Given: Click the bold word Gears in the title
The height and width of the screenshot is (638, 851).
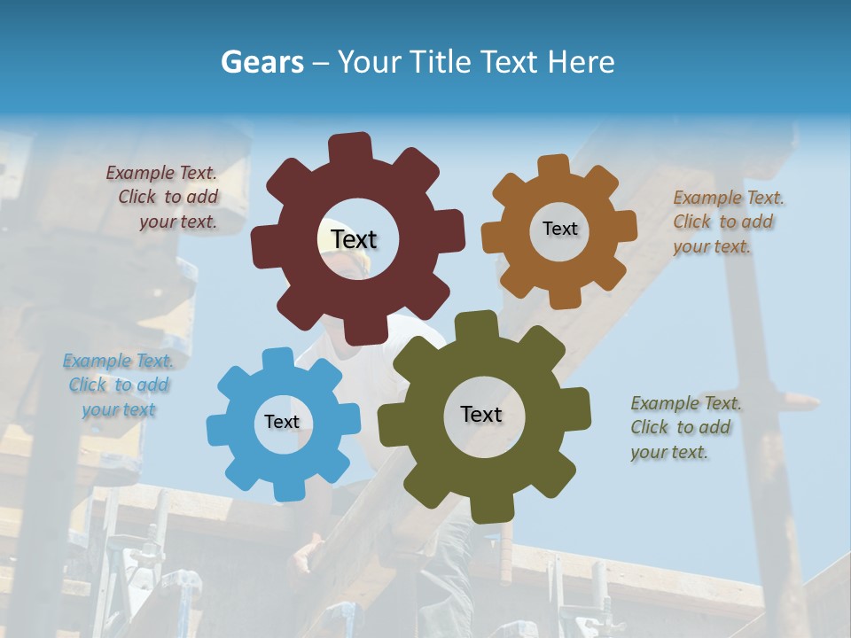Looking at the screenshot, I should tap(261, 62).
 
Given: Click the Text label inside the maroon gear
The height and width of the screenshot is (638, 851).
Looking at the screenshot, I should tap(354, 239).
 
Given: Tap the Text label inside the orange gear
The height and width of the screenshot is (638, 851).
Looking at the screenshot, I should tap(559, 229).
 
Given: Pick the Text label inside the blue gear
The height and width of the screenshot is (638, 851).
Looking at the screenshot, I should tap(282, 422).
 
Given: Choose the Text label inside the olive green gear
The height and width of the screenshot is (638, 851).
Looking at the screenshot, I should tap(481, 414).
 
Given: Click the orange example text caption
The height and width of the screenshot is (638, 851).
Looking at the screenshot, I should tap(727, 222).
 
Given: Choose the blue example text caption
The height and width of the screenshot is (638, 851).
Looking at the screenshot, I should tap(118, 385).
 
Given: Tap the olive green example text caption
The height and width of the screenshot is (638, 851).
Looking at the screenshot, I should tap(684, 427).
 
